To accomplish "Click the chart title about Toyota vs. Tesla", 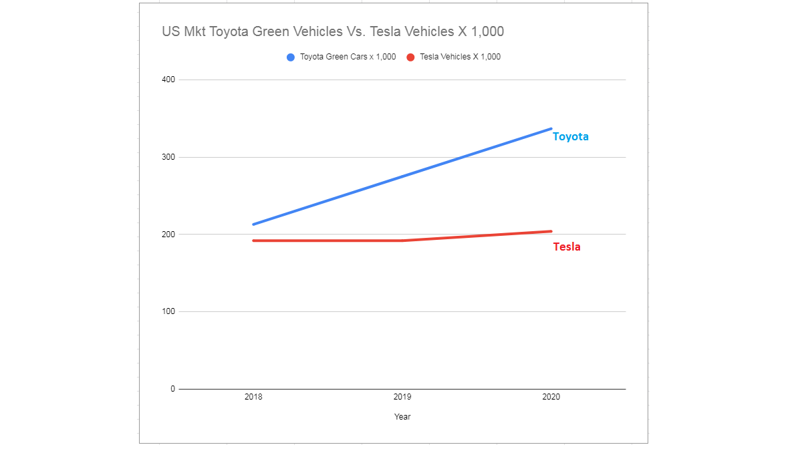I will coord(333,31).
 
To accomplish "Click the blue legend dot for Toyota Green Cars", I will coord(291,57).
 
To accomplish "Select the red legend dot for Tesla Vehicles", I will coord(410,57).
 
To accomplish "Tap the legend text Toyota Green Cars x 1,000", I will coord(348,57).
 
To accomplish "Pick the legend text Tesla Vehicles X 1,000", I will coord(460,57).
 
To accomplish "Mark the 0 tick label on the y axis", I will coord(172,389).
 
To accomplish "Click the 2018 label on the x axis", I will coord(253,397).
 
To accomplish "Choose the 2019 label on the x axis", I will coord(402,397).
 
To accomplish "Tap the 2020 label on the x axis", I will coord(551,397).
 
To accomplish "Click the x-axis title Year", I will coord(402,417).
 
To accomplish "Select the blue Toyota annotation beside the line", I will coord(570,136).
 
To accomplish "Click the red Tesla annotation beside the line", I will coord(567,247).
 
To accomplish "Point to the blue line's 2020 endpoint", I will coord(551,129).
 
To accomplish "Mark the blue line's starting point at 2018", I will coord(254,224).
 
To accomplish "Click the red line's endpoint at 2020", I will coord(551,231).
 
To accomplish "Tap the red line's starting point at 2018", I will coord(254,241).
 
